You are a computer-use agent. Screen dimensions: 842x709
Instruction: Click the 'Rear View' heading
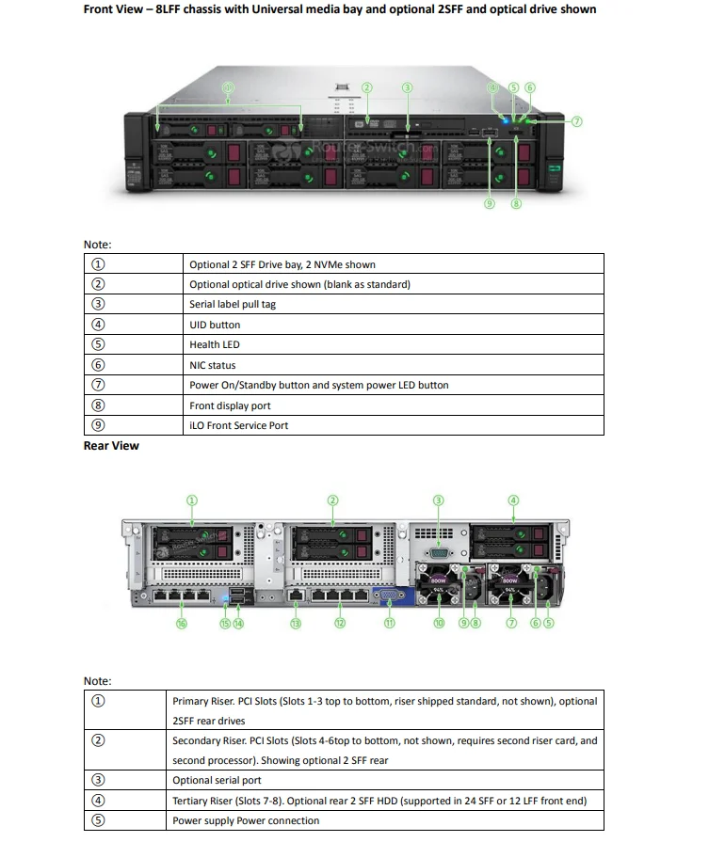111,446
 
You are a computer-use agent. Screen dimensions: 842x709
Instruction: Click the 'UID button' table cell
215,325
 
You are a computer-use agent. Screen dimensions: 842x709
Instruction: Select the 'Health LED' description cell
215,344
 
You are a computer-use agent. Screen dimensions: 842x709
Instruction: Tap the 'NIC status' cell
213,365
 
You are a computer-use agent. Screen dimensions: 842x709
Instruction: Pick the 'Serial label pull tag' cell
233,304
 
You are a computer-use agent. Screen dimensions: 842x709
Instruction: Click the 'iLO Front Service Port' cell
239,425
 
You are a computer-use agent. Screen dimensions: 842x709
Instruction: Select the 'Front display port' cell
230,405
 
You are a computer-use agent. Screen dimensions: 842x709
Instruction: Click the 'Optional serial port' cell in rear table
217,780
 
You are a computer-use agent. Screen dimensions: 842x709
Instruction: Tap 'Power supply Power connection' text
246,820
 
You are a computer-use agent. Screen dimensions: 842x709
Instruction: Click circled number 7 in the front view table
98,385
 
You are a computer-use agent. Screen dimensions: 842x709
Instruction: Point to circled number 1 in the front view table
98,264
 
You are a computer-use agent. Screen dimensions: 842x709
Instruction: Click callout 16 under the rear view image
182,623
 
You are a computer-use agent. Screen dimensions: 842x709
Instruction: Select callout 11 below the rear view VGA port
389,623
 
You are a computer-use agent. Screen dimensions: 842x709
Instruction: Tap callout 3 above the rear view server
438,500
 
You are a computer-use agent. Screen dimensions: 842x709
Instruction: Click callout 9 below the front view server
490,202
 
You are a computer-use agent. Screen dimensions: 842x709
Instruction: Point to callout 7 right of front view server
576,120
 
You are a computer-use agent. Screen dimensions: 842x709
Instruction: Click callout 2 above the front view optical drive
367,87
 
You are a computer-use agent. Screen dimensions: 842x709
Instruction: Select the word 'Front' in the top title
102,9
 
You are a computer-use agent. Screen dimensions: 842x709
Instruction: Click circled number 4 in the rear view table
98,801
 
